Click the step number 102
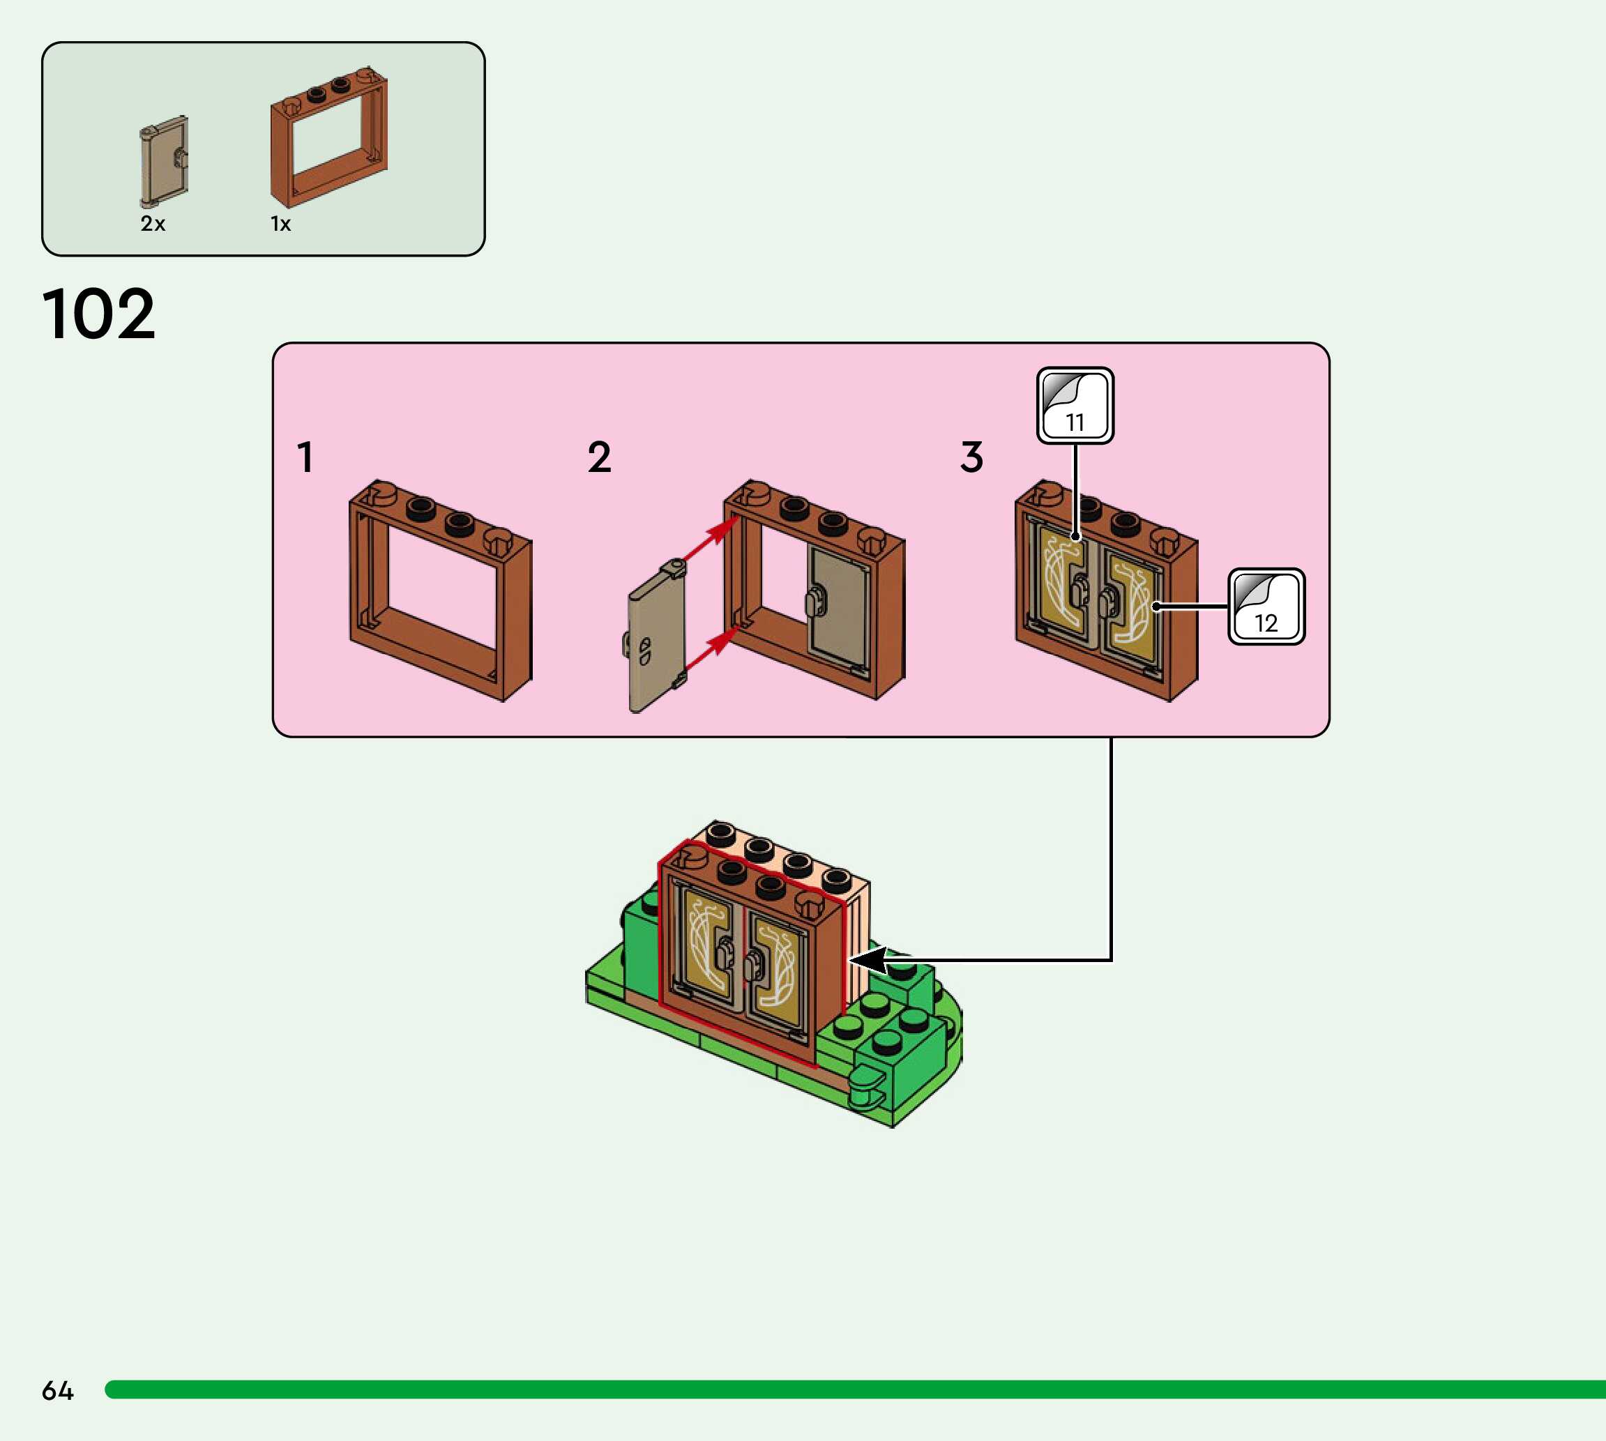pos(99,314)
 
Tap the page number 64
pos(57,1390)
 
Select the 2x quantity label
pos(153,224)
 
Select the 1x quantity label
pos(280,224)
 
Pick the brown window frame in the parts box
pos(328,139)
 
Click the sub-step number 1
pos(305,457)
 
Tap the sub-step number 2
pos(600,457)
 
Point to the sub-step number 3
pos(971,457)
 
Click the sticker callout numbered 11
pos(1075,405)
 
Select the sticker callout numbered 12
pos(1266,607)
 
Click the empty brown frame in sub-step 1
pos(440,590)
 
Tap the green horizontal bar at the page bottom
pos(855,1389)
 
